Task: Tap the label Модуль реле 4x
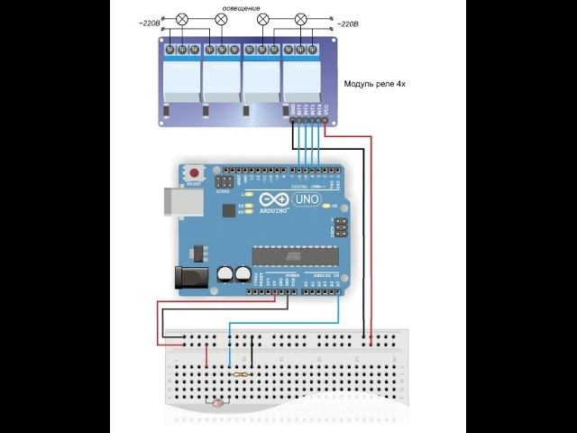pos(381,85)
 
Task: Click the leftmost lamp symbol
pos(180,19)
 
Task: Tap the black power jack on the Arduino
pos(187,277)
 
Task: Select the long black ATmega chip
pos(294,255)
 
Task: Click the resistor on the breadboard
pos(241,373)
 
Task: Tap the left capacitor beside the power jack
pos(224,272)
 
